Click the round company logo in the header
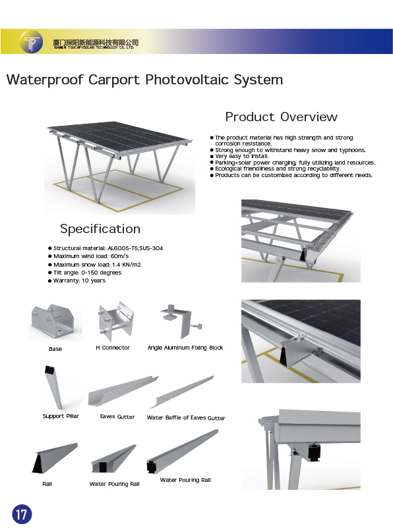(31, 41)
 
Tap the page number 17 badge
(22, 514)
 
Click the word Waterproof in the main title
(45, 80)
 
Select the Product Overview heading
(282, 117)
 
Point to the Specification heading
(100, 229)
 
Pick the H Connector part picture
(115, 321)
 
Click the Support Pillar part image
(54, 387)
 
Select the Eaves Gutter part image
(123, 391)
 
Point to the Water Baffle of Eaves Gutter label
(186, 417)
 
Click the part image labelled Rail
(55, 458)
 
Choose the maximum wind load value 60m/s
(119, 256)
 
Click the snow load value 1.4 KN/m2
(127, 265)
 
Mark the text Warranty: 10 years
(80, 280)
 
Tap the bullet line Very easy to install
(241, 156)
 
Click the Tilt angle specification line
(87, 273)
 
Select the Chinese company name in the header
(96, 42)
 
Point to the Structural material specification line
(108, 248)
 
